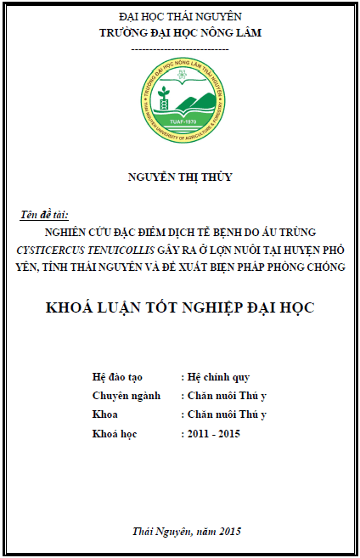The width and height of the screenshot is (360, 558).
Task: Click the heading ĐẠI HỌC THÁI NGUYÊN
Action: [x=179, y=17]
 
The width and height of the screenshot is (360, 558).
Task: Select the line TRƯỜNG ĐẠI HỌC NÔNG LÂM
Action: [x=179, y=33]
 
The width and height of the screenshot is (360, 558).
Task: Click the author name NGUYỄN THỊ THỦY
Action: [x=179, y=177]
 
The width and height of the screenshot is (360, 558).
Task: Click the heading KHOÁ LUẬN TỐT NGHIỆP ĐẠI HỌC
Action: [x=179, y=307]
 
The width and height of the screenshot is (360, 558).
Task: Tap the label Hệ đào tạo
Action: [x=118, y=377]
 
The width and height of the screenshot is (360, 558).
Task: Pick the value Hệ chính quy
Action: [x=218, y=377]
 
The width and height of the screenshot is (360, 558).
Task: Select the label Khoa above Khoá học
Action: [x=104, y=415]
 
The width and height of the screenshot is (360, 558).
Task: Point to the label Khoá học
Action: [x=114, y=434]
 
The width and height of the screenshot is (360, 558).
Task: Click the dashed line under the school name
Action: [x=179, y=48]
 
